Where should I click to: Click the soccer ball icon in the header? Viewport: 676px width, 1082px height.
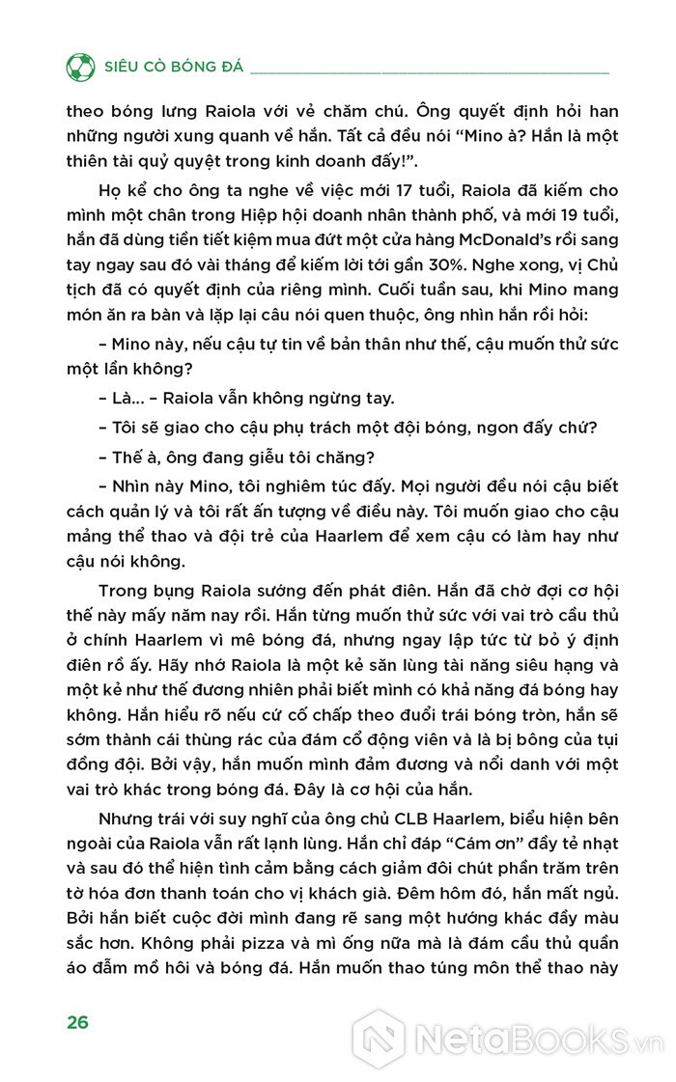point(80,68)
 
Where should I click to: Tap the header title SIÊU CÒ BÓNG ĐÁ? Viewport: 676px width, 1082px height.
point(171,69)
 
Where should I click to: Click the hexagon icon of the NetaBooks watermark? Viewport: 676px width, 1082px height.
point(378,1040)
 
